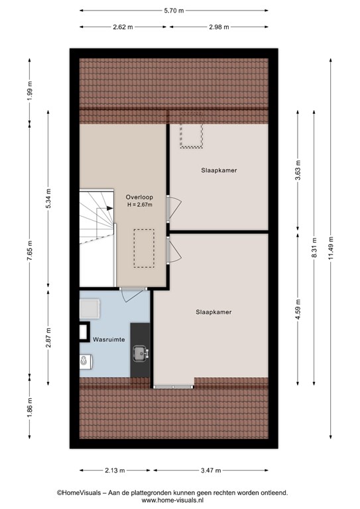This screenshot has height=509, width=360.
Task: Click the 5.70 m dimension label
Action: [x=174, y=11]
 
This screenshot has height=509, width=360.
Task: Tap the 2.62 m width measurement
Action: [x=123, y=27]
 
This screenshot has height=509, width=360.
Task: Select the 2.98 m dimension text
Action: [x=219, y=27]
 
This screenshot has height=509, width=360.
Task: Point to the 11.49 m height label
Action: [x=331, y=249]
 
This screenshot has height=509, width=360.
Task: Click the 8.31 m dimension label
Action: [x=314, y=249]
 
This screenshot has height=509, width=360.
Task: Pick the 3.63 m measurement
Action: [x=298, y=170]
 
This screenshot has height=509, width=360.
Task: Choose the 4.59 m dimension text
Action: [x=298, y=309]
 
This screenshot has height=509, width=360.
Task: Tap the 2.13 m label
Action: [x=115, y=470]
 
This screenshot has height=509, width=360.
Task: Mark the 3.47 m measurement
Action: [x=211, y=470]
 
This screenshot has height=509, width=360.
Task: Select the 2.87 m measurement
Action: [x=48, y=337]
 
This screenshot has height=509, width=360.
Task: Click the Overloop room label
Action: [x=139, y=197]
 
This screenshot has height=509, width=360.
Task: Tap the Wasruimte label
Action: [x=109, y=339]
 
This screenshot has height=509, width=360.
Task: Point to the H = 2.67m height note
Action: [x=140, y=205]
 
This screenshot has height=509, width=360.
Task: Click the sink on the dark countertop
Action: [x=141, y=353]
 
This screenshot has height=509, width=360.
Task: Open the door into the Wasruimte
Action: [x=132, y=295]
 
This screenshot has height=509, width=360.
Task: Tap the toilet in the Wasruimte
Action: [x=86, y=362]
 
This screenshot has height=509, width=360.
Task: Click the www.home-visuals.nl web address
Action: [x=172, y=500]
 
